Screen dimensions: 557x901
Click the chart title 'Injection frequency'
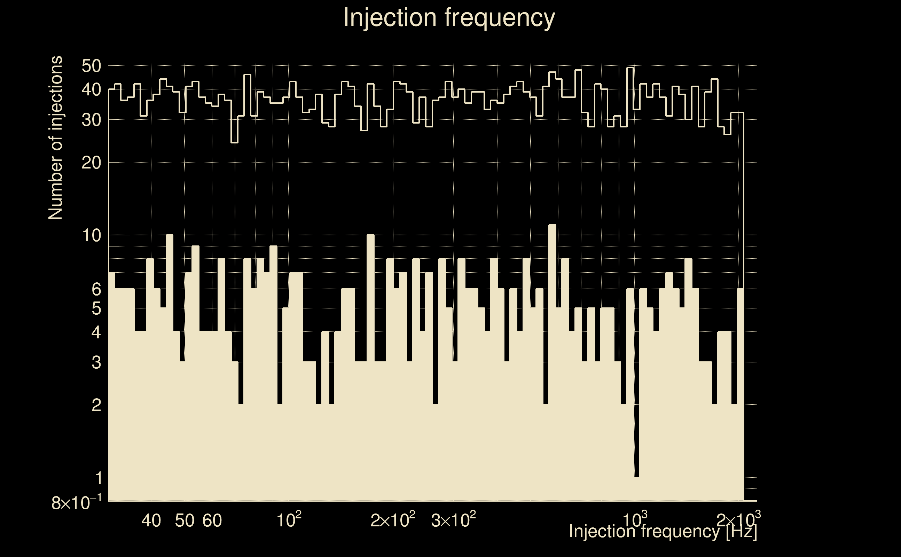[449, 17]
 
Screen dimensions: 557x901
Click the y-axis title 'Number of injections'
[55, 138]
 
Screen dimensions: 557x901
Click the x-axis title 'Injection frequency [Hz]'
[663, 531]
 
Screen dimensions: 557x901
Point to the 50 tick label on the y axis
[91, 66]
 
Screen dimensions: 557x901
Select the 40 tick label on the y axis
[91, 89]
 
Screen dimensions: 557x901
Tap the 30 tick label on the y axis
[91, 120]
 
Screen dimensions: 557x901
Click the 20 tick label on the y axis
[91, 163]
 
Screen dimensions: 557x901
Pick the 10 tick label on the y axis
[91, 235]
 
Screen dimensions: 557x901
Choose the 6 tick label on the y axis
[96, 290]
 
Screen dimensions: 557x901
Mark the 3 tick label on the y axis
[96, 363]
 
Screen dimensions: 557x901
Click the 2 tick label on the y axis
[96, 405]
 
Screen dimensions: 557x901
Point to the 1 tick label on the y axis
[99, 479]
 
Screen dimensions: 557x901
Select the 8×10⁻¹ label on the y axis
[76, 503]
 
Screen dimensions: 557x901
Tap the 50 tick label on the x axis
[185, 520]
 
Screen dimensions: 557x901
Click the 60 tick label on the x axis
[212, 520]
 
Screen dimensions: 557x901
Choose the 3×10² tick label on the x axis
[453, 520]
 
